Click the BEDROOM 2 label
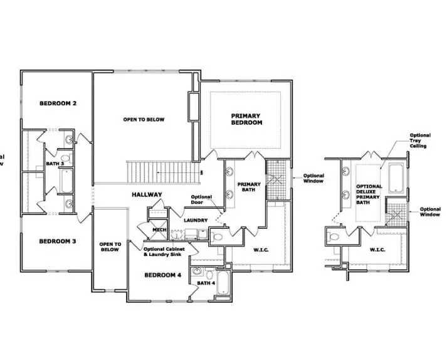[58, 103]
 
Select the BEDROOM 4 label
[162, 275]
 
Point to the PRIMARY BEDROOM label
[246, 119]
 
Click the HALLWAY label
[147, 195]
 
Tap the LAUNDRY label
[195, 220]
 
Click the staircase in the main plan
[164, 171]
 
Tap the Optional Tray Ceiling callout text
[419, 140]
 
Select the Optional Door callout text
[201, 200]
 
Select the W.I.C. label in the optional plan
[377, 250]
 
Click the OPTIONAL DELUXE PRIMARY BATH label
[369, 194]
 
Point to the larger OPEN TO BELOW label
[144, 119]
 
